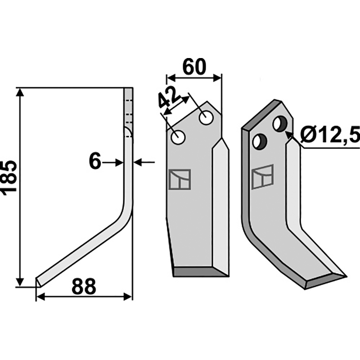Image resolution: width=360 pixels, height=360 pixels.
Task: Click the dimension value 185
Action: pos(9,176)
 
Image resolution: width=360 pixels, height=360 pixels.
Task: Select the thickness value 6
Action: pos(95,162)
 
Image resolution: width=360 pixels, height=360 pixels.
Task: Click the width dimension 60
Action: pos(194,67)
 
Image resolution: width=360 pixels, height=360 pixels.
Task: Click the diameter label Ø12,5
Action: pos(330,135)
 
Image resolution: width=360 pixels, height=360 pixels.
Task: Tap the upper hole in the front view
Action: pos(207,118)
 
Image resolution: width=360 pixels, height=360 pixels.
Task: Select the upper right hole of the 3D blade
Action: pos(280,123)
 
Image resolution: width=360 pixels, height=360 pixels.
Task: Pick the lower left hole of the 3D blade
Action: pos(259,142)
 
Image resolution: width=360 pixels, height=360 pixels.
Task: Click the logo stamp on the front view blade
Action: pos(179,180)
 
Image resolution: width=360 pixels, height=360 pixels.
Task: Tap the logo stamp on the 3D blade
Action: pos(263,177)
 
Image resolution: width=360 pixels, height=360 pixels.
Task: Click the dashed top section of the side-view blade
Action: pos(128,108)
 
